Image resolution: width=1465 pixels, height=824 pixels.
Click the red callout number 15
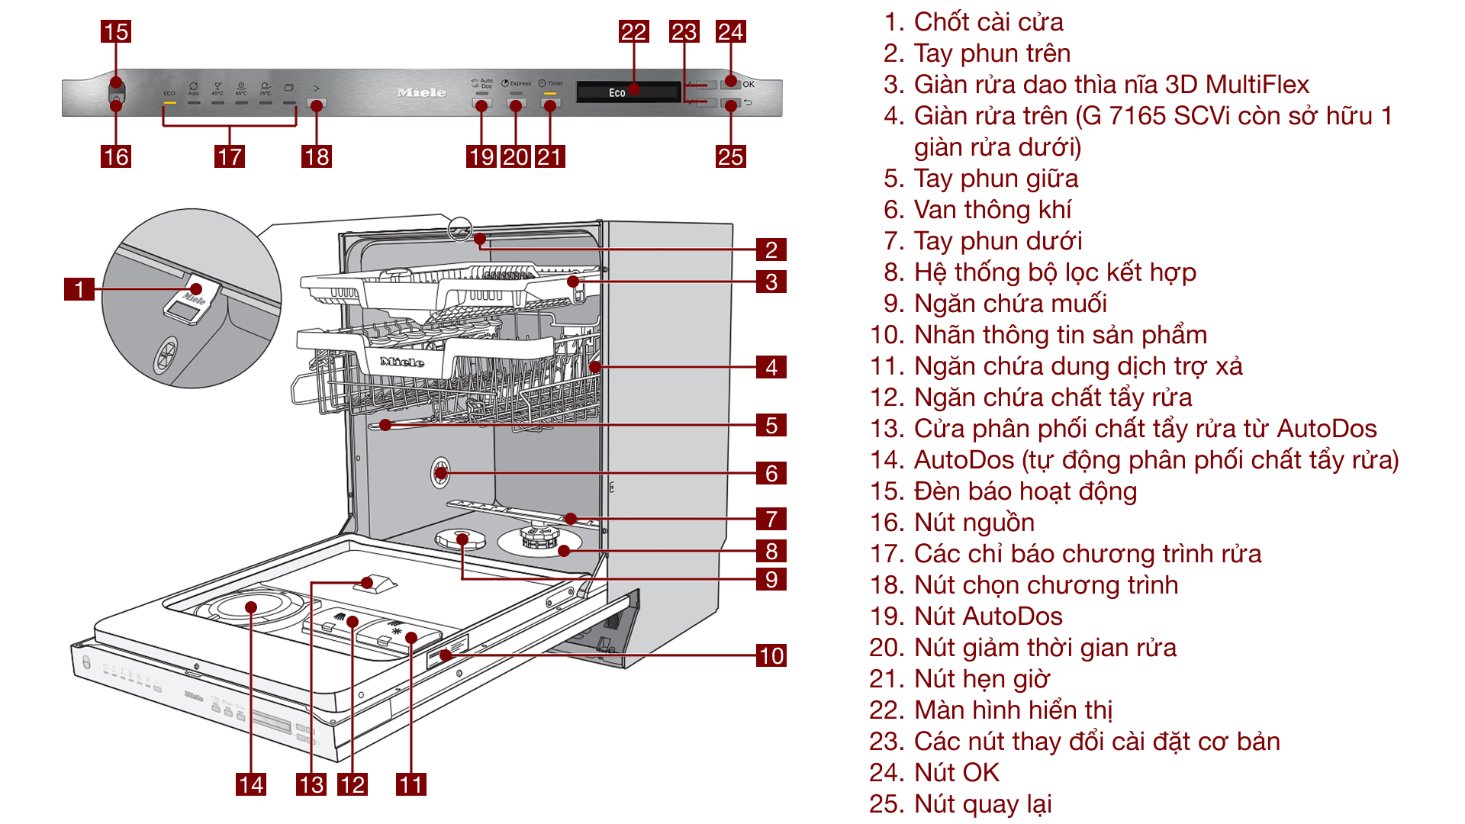tap(116, 31)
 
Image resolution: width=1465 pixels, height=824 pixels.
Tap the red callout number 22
tap(633, 31)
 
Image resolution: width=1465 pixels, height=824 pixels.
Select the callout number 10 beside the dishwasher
tap(771, 655)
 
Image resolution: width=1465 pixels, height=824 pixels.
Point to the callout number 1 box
tap(79, 289)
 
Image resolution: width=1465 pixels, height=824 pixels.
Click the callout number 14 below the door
tap(251, 784)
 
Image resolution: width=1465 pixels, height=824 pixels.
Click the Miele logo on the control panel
tap(421, 92)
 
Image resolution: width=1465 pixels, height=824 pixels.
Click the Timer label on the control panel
tap(554, 83)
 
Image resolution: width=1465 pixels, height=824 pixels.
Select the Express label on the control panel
tap(520, 83)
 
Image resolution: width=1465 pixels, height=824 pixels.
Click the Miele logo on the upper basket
tap(402, 362)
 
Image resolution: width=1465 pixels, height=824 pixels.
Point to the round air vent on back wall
tap(441, 472)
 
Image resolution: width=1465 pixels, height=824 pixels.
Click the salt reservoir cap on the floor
tap(461, 540)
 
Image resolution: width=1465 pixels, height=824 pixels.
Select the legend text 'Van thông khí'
tap(992, 209)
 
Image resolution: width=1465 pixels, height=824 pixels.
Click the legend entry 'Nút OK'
tap(956, 772)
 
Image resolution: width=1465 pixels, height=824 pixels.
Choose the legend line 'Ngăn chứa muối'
tap(1009, 303)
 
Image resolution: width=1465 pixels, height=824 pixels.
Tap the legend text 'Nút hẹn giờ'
tap(981, 678)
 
